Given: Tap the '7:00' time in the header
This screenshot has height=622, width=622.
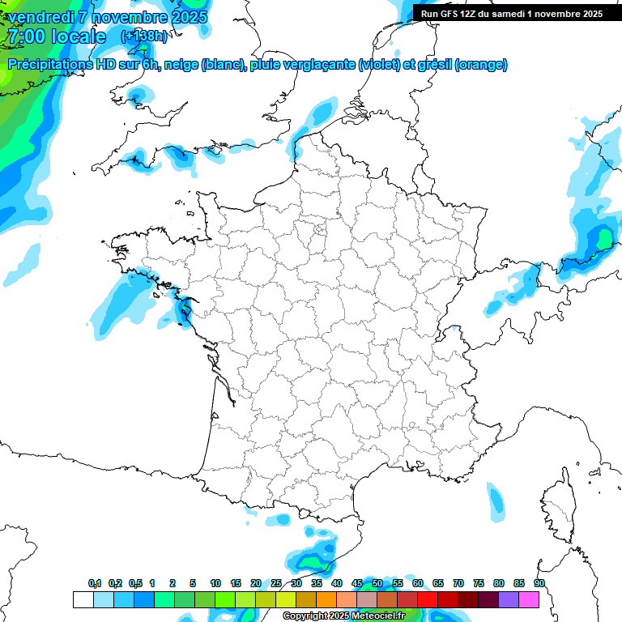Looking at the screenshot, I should pyautogui.click(x=25, y=36).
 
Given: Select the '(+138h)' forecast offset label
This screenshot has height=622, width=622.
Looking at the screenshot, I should pyautogui.click(x=143, y=36).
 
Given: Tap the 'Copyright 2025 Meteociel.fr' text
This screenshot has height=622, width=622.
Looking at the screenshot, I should pyautogui.click(x=343, y=616).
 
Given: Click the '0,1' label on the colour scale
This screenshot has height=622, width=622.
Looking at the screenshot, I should pyautogui.click(x=95, y=583).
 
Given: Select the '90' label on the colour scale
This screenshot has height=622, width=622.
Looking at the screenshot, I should pyautogui.click(x=539, y=583).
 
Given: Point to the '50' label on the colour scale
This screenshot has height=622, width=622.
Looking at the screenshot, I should pyautogui.click(x=377, y=583).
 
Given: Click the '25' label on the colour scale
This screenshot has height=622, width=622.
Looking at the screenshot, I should pyautogui.click(x=276, y=583).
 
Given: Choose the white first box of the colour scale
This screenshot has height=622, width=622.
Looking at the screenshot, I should pyautogui.click(x=83, y=599).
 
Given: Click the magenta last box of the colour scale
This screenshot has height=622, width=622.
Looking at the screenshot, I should pyautogui.click(x=529, y=599).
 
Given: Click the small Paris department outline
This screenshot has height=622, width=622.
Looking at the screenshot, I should pyautogui.click(x=319, y=231).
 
